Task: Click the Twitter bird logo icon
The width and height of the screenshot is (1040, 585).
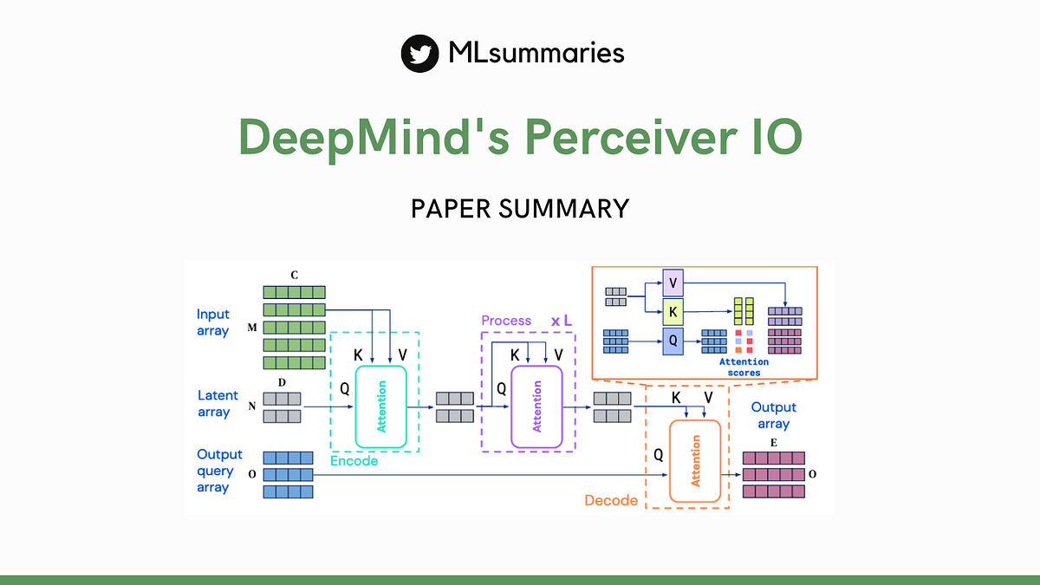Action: click(419, 54)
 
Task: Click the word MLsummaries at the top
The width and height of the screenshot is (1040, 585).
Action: click(536, 53)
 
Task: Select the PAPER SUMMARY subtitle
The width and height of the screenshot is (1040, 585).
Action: click(520, 209)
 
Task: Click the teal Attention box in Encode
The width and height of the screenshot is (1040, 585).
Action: click(380, 406)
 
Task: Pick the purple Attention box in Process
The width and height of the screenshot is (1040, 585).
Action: click(536, 406)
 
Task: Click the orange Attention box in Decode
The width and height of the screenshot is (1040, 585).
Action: click(695, 461)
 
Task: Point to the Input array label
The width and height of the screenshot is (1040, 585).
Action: click(213, 322)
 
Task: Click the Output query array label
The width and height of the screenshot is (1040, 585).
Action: click(219, 471)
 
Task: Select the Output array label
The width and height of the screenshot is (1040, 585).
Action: click(773, 415)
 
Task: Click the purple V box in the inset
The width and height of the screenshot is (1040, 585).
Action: click(673, 283)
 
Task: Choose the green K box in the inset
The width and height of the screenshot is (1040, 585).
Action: click(673, 310)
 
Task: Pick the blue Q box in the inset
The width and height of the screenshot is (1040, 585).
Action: click(673, 340)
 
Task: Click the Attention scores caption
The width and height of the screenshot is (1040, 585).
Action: click(743, 367)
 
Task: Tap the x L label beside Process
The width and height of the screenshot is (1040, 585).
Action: click(562, 321)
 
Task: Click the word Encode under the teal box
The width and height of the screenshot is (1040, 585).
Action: click(354, 461)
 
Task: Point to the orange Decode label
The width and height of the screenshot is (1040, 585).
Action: click(611, 500)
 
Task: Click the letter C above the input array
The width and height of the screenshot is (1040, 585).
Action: click(294, 275)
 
